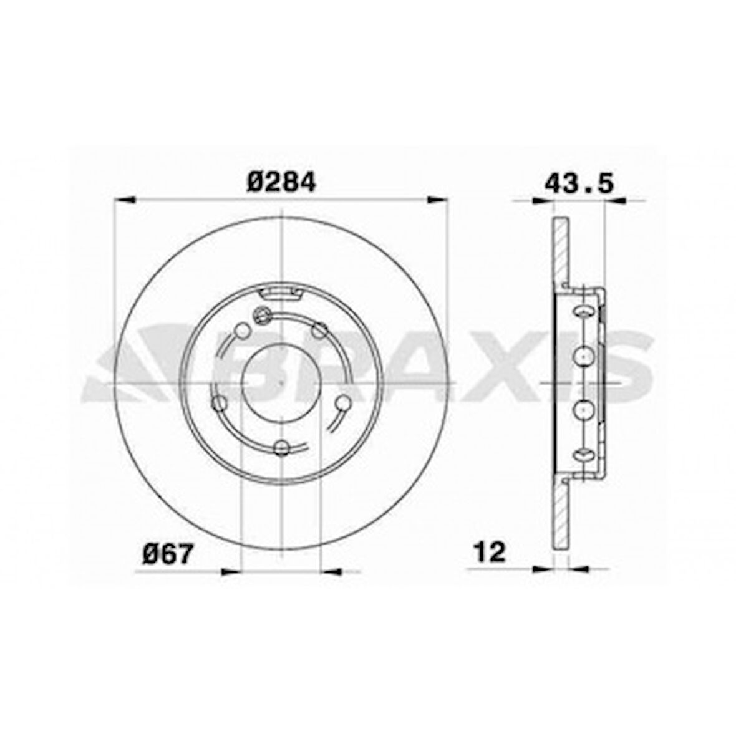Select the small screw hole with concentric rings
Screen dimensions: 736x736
click(262, 316)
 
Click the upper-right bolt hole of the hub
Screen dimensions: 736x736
click(320, 329)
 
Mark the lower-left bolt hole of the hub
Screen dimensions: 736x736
click(219, 403)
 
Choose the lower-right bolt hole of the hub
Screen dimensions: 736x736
click(342, 403)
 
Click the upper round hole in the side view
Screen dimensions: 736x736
click(583, 355)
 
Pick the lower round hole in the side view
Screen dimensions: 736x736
click(583, 409)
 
